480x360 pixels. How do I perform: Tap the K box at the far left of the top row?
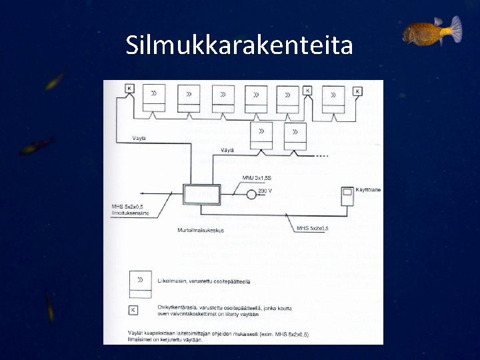(x=130, y=89)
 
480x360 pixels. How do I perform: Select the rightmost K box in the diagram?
(x=358, y=91)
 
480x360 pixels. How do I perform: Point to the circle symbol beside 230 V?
(x=251, y=194)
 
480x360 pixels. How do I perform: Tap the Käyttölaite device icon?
(x=347, y=197)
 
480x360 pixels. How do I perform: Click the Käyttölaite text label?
(x=367, y=190)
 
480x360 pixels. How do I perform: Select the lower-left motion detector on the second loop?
(x=261, y=137)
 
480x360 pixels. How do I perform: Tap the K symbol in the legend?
(x=133, y=310)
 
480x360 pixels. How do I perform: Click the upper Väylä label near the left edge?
(x=138, y=138)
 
